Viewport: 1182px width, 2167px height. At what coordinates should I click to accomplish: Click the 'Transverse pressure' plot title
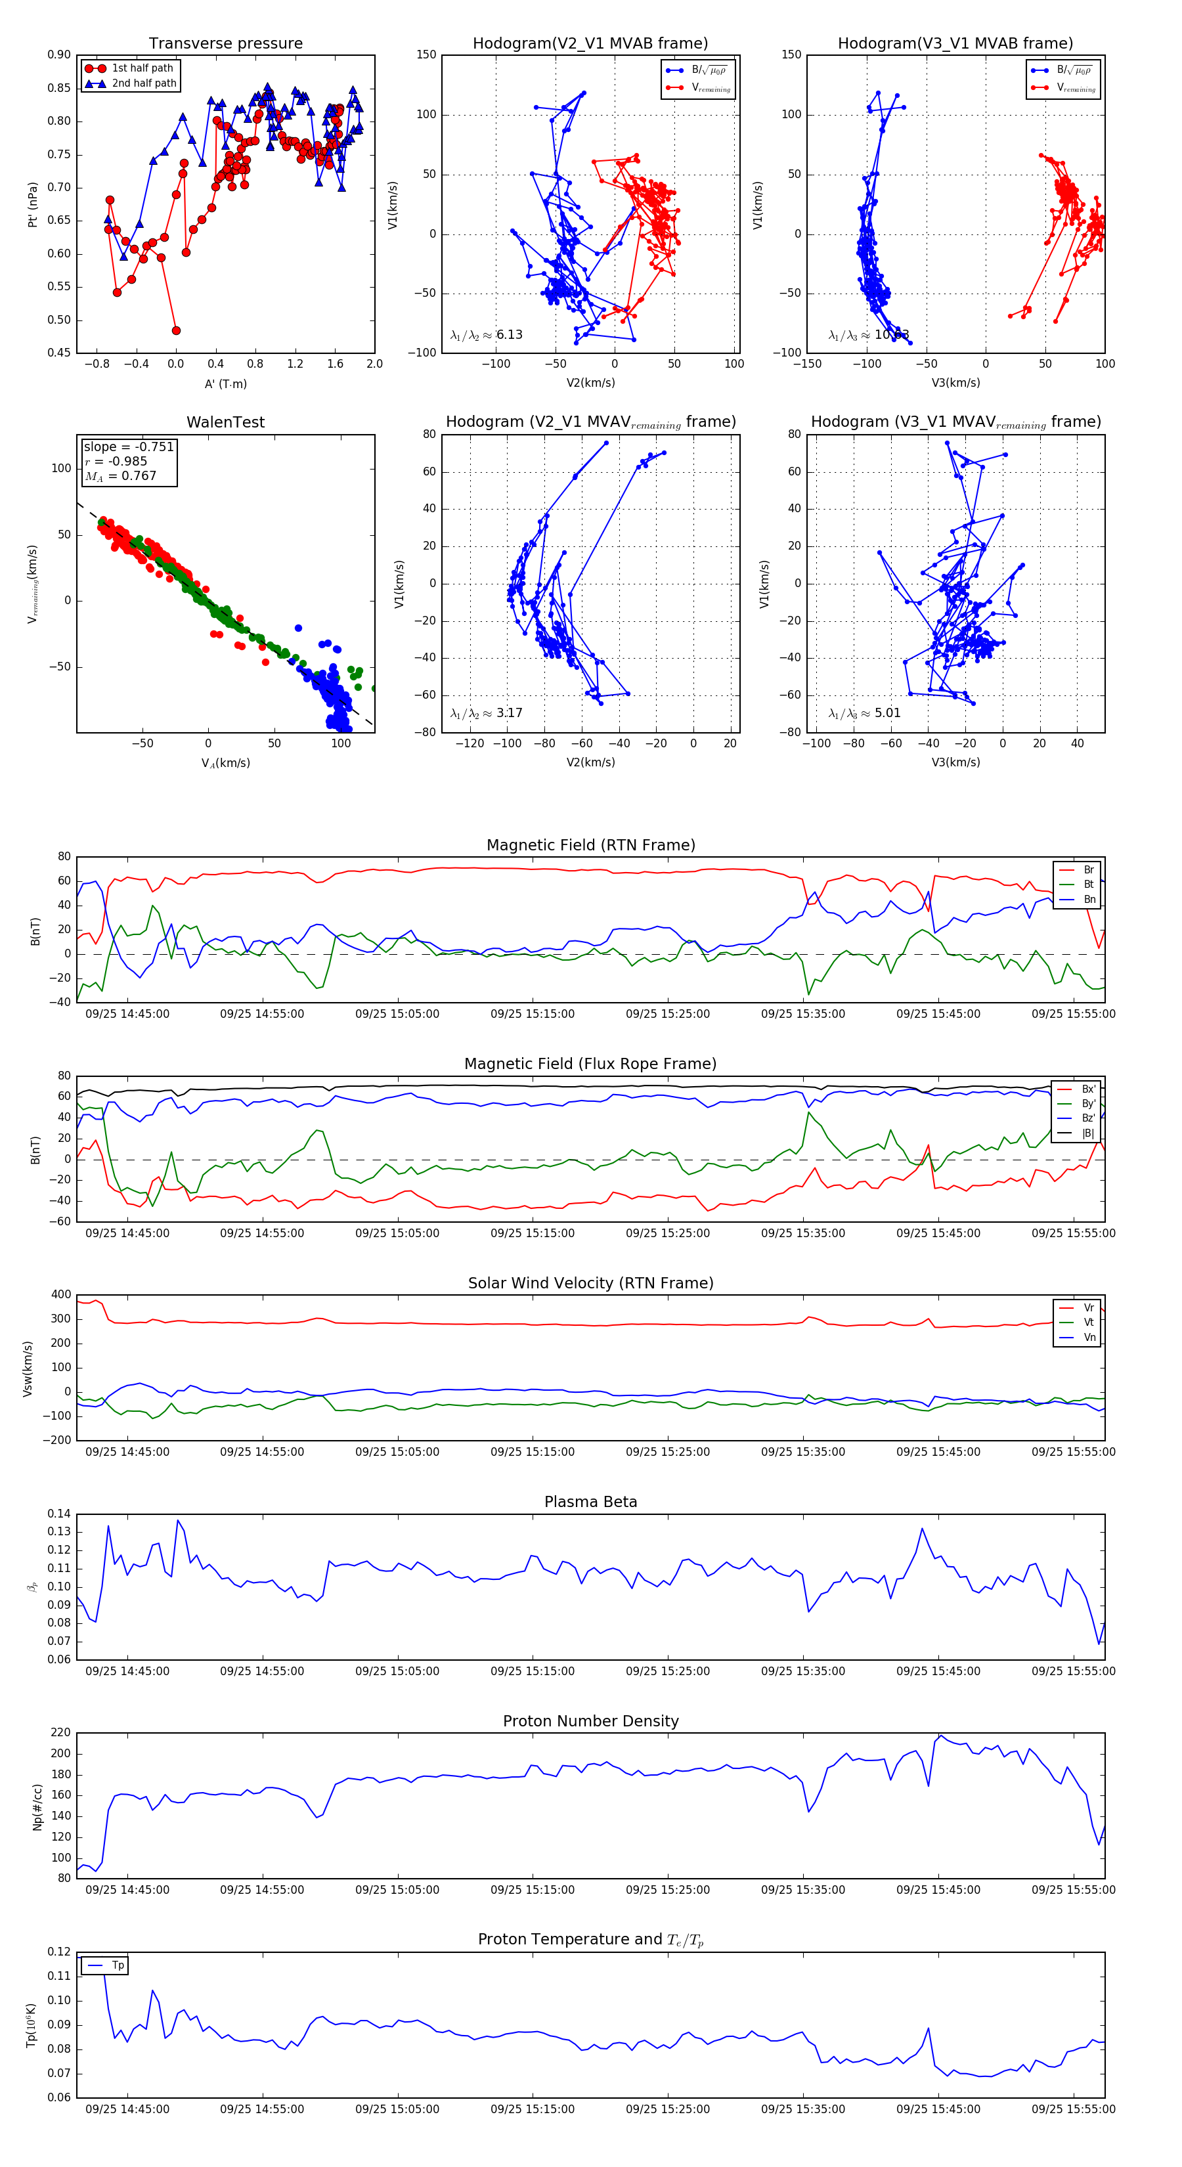coord(225,44)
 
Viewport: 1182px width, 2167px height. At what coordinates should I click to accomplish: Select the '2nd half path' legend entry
coord(144,83)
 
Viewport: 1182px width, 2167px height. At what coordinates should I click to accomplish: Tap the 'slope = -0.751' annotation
coord(129,447)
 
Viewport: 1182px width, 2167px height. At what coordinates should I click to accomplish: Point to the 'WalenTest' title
coord(225,422)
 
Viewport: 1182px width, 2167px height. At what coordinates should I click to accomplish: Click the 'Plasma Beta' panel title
coord(590,1502)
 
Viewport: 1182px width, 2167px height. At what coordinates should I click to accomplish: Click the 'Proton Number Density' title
coord(590,1721)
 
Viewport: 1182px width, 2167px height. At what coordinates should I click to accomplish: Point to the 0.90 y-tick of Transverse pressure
coord(59,55)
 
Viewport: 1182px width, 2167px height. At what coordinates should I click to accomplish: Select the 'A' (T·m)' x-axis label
coord(225,383)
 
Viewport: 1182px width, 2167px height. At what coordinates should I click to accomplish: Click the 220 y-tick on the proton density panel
coord(60,1733)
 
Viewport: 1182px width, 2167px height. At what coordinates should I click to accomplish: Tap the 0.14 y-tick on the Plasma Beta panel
coord(59,1514)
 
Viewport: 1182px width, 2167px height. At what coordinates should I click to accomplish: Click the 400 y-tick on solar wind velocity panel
coord(60,1295)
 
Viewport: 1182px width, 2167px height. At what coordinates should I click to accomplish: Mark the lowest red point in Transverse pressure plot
coord(176,330)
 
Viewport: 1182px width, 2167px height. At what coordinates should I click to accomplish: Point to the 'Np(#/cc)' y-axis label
coord(37,1806)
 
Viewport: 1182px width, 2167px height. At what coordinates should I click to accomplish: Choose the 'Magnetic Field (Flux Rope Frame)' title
coord(590,1064)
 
